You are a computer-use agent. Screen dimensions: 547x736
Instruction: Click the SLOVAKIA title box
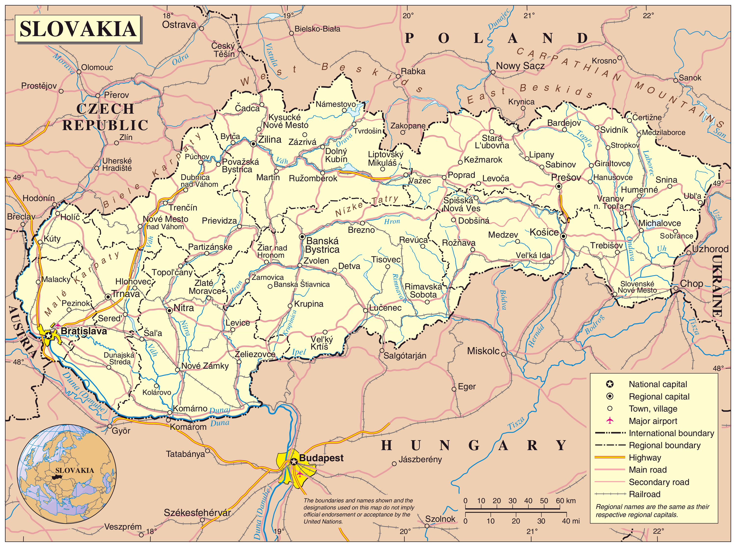pyautogui.click(x=78, y=28)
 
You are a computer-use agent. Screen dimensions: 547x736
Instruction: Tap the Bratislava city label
pyautogui.click(x=84, y=331)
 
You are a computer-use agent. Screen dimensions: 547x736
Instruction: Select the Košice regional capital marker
pyautogui.click(x=563, y=236)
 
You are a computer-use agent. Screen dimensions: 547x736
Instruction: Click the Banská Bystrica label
pyautogui.click(x=322, y=245)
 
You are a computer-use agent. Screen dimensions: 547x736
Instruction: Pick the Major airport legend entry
pyautogui.click(x=653, y=421)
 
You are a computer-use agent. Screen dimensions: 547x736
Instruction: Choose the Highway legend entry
pyautogui.click(x=645, y=458)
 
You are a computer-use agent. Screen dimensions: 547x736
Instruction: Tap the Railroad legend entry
pyautogui.click(x=644, y=494)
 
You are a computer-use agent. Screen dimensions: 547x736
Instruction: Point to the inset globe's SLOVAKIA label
pyautogui.click(x=75, y=470)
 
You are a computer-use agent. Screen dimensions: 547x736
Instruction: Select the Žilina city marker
pyautogui.click(x=253, y=144)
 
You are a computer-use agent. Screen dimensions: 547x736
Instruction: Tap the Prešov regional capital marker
pyautogui.click(x=559, y=186)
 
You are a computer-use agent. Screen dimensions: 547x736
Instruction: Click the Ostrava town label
pyautogui.click(x=179, y=25)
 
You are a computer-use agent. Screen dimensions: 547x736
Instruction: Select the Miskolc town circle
pyautogui.click(x=504, y=354)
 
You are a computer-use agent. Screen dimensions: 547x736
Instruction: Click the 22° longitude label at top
pyautogui.click(x=648, y=15)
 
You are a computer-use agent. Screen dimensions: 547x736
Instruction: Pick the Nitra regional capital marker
pyautogui.click(x=169, y=310)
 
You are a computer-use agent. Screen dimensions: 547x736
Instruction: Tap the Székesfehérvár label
pyautogui.click(x=197, y=513)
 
